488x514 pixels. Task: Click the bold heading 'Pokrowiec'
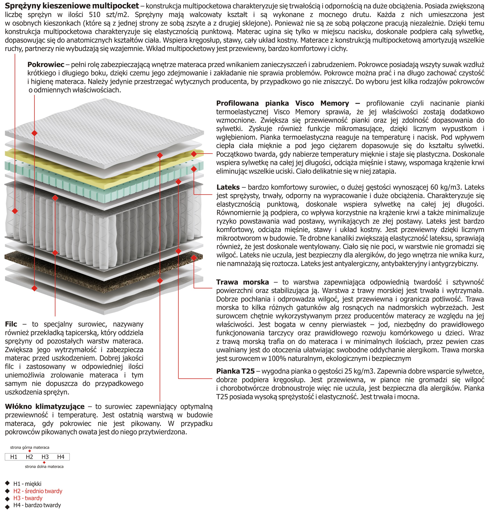(x=46, y=64)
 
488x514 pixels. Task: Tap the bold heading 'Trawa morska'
(x=242, y=282)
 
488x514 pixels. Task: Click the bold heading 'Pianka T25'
(x=235, y=371)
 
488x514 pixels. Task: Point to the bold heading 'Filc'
(x=11, y=324)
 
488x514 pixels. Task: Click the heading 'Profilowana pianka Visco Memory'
(x=282, y=103)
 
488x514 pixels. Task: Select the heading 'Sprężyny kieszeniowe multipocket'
(x=72, y=6)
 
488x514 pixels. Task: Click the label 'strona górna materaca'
(x=30, y=447)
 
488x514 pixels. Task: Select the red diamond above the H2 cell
(x=30, y=451)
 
